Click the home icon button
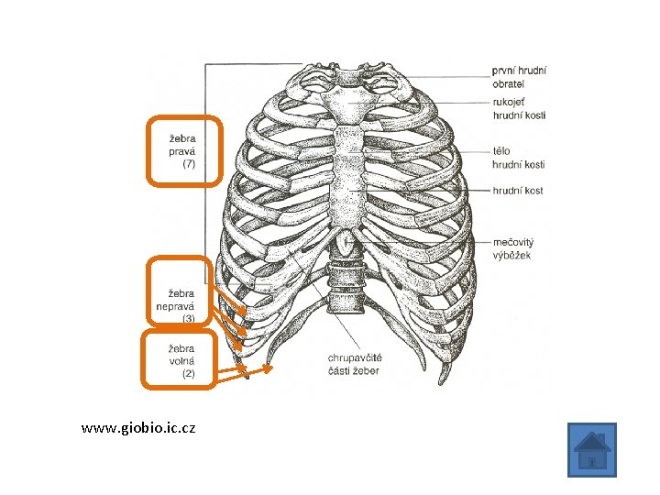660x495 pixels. [x=591, y=450]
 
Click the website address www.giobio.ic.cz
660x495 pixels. [x=137, y=428]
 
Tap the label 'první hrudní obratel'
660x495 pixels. [x=519, y=76]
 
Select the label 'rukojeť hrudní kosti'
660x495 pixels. [x=519, y=109]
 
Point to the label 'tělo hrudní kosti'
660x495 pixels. [x=519, y=157]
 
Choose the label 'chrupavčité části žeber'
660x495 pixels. [x=355, y=363]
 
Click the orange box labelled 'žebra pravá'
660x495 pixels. [x=184, y=151]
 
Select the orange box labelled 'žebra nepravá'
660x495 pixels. [x=181, y=292]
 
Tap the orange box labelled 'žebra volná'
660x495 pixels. [x=179, y=360]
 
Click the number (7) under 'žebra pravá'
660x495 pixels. [x=189, y=164]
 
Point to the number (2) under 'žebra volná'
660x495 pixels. [x=188, y=374]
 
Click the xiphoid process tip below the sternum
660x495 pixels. [x=344, y=245]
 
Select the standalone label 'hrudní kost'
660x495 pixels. [x=518, y=190]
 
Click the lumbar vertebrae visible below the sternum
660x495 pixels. [x=344, y=284]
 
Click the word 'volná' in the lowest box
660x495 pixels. [x=181, y=361]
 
